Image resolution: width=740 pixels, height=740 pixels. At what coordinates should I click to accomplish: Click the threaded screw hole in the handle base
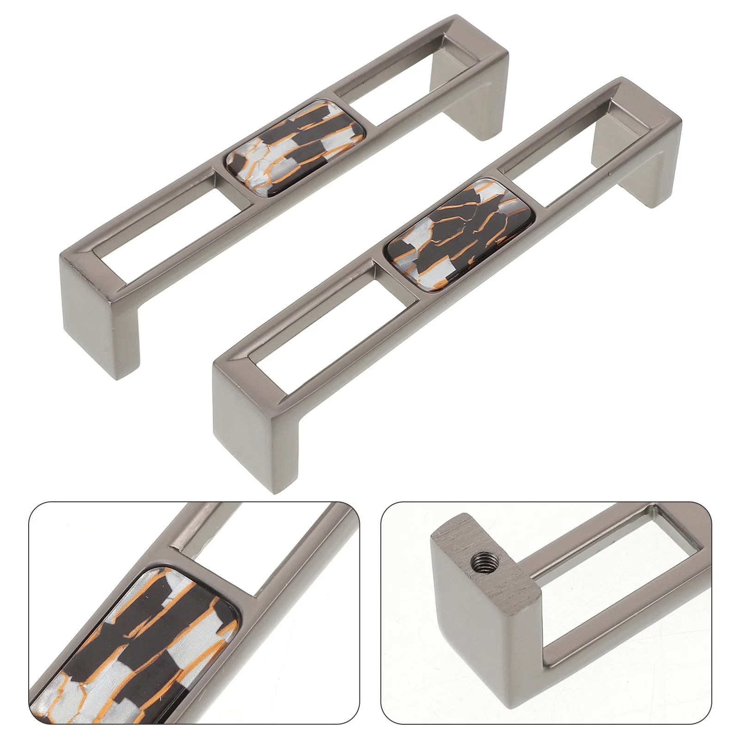[477, 563]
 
